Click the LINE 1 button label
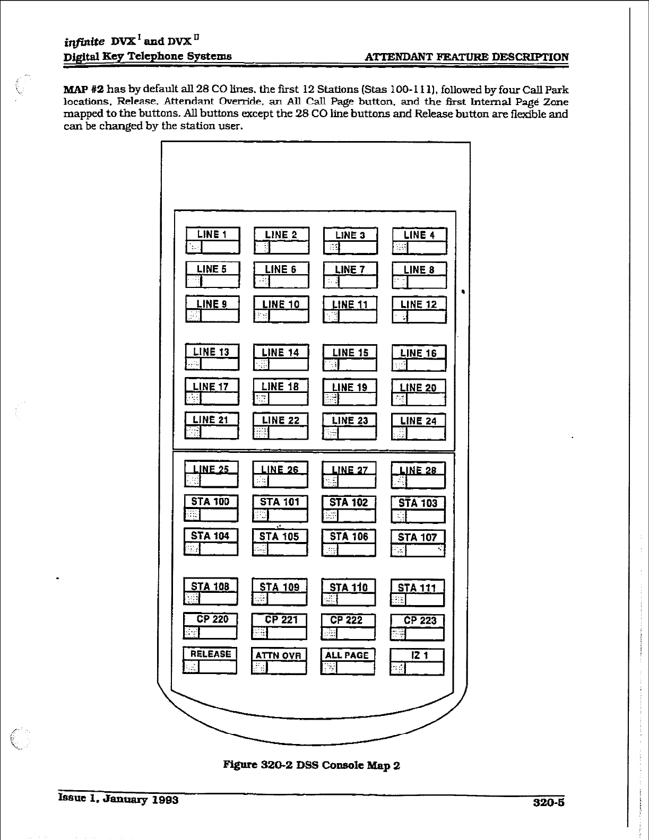click(212, 234)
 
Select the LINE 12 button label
click(419, 304)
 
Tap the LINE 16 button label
click(419, 353)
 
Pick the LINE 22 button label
click(281, 421)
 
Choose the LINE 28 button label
click(418, 470)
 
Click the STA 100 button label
click(211, 502)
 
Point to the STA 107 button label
click(418, 537)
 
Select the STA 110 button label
click(349, 587)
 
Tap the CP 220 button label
click(211, 619)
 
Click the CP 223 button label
click(418, 620)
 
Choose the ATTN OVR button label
click(279, 655)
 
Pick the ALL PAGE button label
click(348, 655)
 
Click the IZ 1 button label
click(418, 655)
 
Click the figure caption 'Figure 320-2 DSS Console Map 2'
click(311, 765)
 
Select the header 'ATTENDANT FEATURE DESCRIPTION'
click(468, 57)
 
